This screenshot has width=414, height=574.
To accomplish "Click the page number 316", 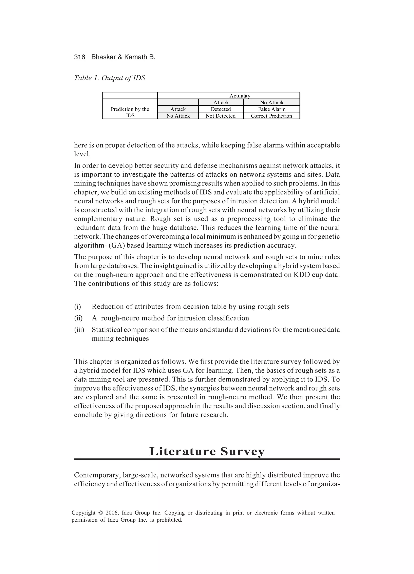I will (79, 57).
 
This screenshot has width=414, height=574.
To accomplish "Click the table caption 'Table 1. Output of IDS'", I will (110, 78).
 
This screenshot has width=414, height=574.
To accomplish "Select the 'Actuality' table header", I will (240, 96).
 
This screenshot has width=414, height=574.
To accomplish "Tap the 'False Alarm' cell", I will (272, 109).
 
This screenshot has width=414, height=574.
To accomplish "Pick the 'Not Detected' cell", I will (221, 116).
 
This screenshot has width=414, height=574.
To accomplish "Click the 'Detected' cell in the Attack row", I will (221, 109).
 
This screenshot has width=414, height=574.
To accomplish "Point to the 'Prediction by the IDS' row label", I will (130, 112).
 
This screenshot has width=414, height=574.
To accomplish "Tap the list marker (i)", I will (77, 307).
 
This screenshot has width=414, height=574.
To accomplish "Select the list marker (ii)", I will (78, 318).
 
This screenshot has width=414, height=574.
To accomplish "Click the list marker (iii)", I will (79, 330).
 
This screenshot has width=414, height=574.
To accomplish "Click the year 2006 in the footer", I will (112, 513).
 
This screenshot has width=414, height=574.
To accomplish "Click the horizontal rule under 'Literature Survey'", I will (207, 459).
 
